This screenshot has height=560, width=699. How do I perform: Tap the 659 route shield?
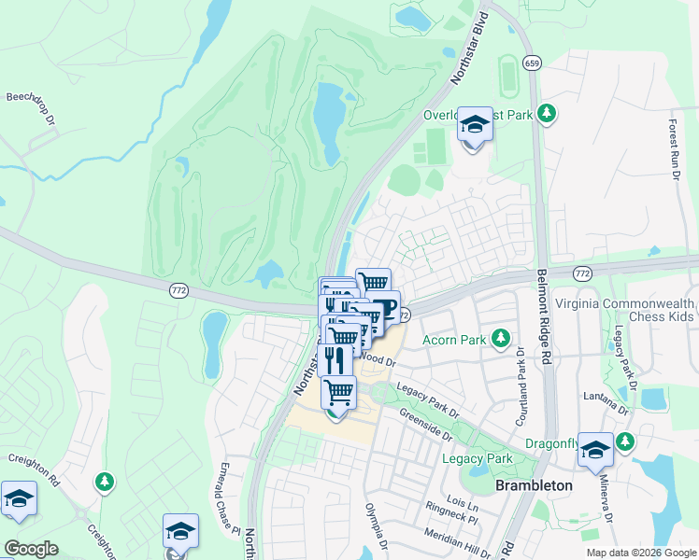point(532,63)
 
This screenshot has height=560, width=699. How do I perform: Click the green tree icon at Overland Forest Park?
point(547,115)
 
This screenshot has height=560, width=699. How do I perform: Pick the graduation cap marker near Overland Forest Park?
point(475,125)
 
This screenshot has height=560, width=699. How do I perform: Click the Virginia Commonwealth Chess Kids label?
point(625,311)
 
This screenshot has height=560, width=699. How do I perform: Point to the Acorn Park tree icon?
point(502,339)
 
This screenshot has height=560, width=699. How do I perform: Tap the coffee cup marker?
point(384,307)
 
